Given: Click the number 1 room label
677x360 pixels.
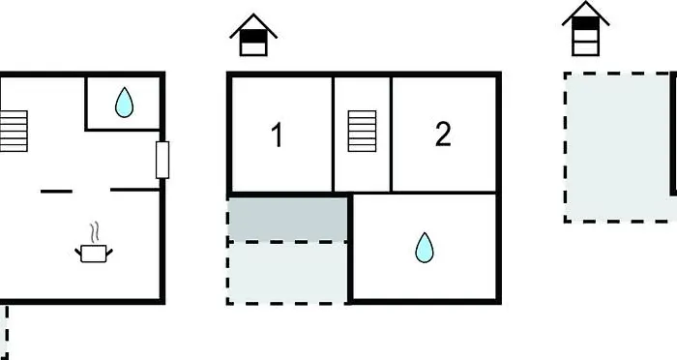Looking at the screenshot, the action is click(x=278, y=135).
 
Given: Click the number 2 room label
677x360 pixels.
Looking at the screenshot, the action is click(x=443, y=134).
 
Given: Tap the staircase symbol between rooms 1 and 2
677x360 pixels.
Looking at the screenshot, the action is click(x=362, y=131).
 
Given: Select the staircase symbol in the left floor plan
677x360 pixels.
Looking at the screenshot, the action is click(x=14, y=131).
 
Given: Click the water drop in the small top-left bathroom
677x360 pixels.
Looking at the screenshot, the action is click(x=125, y=103).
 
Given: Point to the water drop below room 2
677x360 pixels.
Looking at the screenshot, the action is click(x=425, y=248).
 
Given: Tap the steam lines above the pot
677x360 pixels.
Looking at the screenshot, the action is click(x=95, y=232).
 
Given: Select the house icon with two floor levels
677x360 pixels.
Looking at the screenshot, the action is click(x=253, y=35).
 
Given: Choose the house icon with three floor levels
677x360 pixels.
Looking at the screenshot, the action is click(x=585, y=28).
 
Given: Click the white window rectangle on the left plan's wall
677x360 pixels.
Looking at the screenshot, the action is click(x=162, y=160).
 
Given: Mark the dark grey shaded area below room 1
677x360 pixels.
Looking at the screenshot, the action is click(x=287, y=219).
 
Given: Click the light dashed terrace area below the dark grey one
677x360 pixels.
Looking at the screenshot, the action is click(x=287, y=273).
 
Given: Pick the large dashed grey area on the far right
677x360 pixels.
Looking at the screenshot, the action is click(x=618, y=147).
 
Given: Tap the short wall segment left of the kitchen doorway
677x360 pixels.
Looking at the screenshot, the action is click(x=56, y=191).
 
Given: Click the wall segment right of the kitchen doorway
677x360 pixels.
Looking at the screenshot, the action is click(x=135, y=190).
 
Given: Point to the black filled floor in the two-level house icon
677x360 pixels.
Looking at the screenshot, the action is click(x=253, y=36).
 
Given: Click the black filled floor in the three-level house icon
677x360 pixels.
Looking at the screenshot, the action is click(x=585, y=23).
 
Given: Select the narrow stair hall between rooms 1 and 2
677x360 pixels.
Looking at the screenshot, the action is click(x=362, y=134).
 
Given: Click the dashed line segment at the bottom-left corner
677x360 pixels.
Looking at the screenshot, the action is click(x=6, y=333).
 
